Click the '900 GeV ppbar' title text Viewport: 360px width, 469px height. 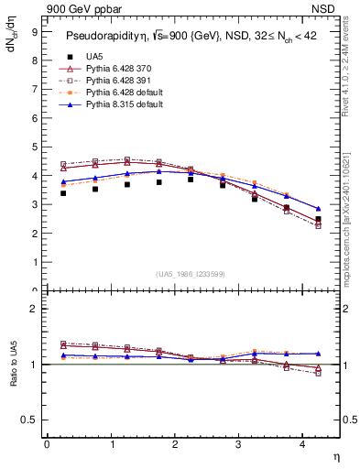click(x=82, y=8)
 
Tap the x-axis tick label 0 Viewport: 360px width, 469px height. click(x=47, y=444)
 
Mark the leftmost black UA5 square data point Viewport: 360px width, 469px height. click(x=63, y=193)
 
